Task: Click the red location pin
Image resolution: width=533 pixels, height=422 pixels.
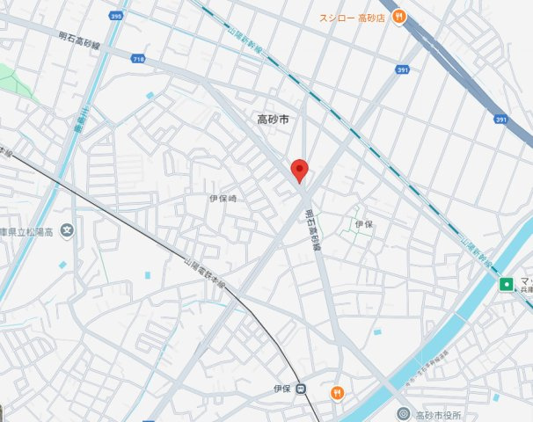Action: click(x=299, y=170)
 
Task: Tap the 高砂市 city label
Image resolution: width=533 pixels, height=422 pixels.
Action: click(x=273, y=120)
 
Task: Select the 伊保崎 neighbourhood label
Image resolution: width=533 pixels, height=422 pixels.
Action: click(x=223, y=200)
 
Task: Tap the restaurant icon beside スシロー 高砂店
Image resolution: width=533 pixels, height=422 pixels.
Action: click(x=398, y=15)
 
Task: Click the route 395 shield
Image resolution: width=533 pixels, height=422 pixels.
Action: click(x=117, y=15)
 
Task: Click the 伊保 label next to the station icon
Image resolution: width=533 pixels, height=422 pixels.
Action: click(x=281, y=389)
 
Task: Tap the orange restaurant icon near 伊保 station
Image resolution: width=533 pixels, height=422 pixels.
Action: click(x=336, y=392)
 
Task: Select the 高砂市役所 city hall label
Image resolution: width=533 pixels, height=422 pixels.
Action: click(x=438, y=415)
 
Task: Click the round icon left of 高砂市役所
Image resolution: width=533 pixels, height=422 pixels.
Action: click(x=403, y=414)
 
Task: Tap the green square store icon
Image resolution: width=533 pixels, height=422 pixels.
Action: click(x=507, y=283)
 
